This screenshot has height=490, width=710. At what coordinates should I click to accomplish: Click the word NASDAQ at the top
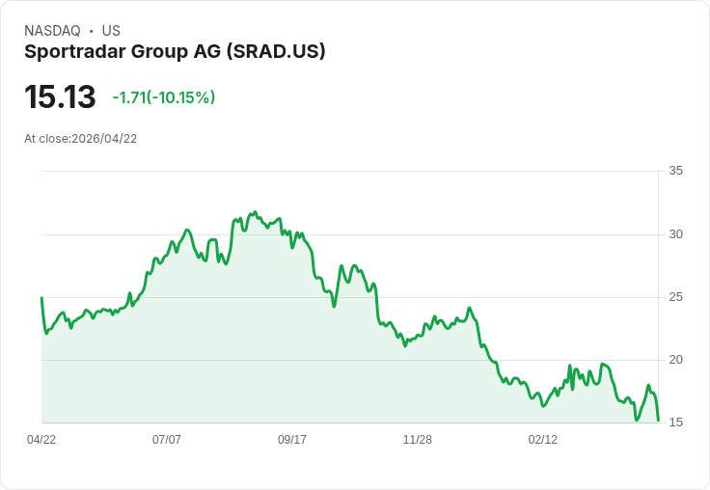(52, 31)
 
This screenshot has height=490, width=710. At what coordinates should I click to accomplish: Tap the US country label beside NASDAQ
(111, 31)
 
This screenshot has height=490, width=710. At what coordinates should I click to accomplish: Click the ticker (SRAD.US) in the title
(276, 51)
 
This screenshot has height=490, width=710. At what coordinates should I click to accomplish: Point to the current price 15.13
(60, 97)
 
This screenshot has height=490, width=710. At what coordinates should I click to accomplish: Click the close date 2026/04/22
(104, 139)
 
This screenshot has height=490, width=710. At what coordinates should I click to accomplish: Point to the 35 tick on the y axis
(675, 171)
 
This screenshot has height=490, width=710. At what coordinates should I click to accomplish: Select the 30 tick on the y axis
(675, 234)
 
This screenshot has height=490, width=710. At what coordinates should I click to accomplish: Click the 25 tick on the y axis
(675, 297)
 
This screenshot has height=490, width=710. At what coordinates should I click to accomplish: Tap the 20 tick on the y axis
(675, 360)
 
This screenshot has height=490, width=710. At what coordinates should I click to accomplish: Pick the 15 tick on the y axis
(675, 422)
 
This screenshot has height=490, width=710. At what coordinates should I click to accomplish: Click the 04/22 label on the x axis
(41, 440)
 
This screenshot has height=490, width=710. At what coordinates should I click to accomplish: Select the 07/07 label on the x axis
(167, 440)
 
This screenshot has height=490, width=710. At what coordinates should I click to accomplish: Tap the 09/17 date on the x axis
(292, 440)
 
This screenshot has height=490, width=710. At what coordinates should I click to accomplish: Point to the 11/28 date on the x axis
(418, 440)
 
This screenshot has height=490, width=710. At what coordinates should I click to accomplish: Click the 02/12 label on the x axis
(543, 440)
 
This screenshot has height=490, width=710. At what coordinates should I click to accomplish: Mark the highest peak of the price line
(255, 211)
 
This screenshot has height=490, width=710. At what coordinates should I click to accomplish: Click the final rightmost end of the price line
(658, 421)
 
